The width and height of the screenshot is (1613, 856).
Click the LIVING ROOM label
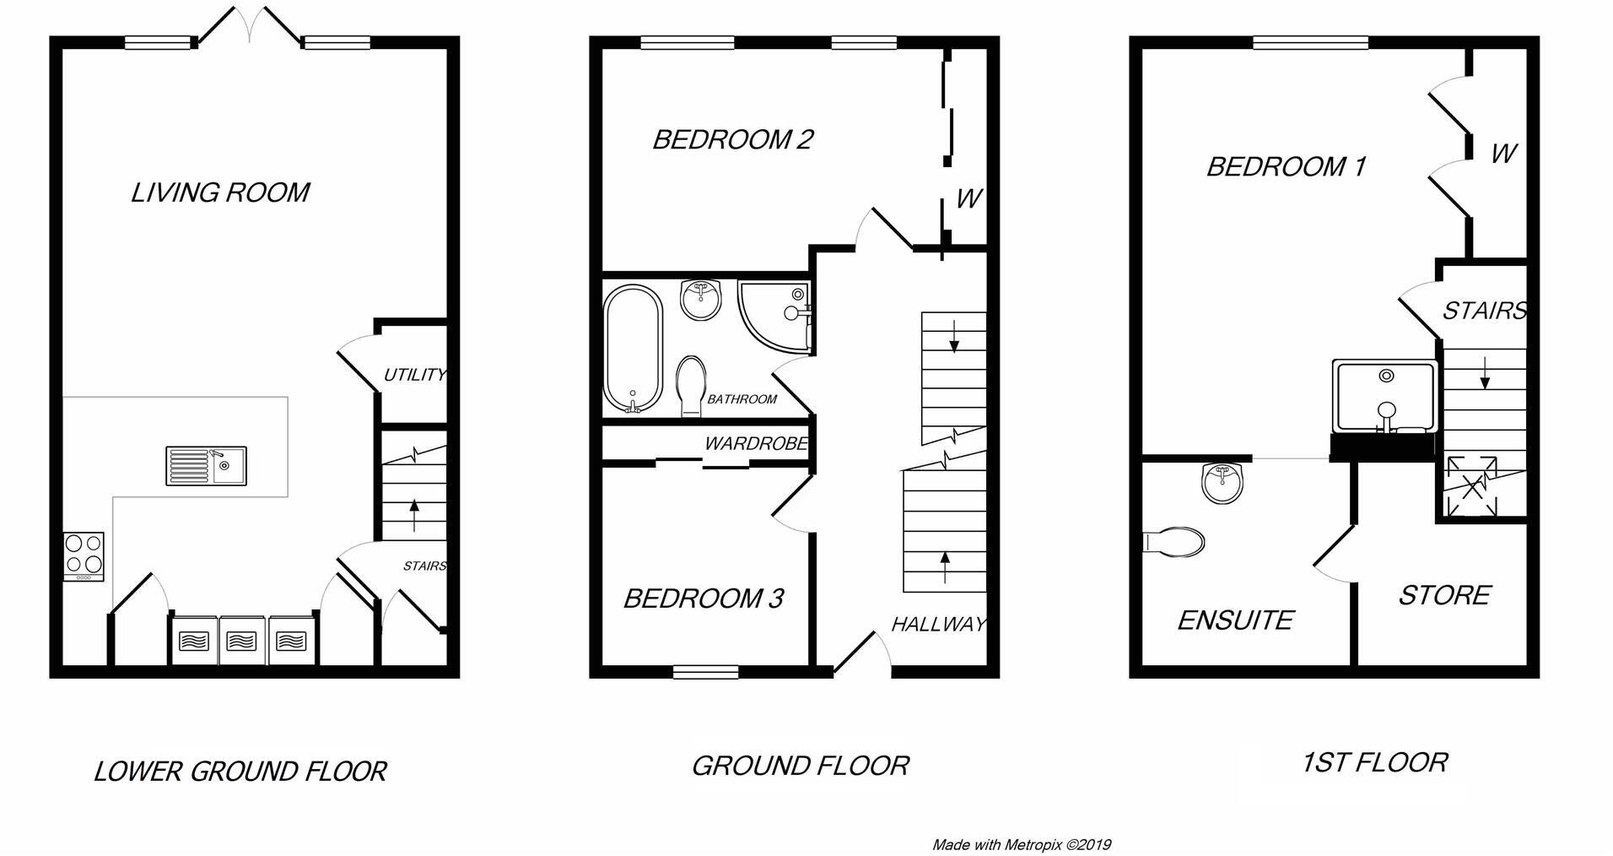click(220, 192)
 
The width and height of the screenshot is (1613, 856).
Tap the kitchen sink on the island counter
click(207, 465)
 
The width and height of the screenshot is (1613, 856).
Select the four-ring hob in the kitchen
click(84, 555)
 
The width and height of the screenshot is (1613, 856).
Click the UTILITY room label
click(414, 374)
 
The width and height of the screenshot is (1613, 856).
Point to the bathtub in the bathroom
click(634, 349)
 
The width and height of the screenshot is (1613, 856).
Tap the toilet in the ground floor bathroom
click(691, 384)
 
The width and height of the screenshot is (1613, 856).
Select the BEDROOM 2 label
click(732, 139)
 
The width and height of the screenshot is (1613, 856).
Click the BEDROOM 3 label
click(704, 599)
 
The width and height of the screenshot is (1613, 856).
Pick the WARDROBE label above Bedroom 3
click(756, 443)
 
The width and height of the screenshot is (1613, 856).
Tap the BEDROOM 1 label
click(1286, 166)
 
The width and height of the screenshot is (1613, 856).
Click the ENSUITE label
click(1235, 620)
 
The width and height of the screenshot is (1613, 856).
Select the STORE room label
click(1444, 595)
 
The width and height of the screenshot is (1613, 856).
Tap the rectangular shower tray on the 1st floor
click(1384, 397)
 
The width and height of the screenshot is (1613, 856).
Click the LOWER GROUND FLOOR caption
click(240, 771)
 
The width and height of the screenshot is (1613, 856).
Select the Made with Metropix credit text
click(1022, 844)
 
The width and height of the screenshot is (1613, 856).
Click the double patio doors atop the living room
click(250, 25)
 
